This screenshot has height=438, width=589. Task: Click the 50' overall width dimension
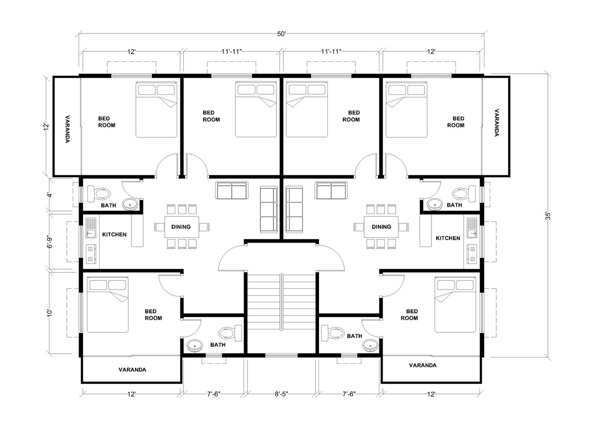(281, 34)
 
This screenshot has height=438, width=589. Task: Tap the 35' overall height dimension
(548, 216)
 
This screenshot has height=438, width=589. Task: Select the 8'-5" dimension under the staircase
(281, 394)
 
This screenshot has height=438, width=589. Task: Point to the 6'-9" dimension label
(50, 241)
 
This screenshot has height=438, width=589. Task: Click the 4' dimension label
(50, 195)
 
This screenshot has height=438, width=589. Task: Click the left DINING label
(181, 227)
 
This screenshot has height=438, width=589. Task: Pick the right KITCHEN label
(448, 238)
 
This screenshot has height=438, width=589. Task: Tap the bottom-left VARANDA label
(132, 370)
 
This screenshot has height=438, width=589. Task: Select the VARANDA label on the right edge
(497, 123)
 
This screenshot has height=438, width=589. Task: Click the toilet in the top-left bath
(99, 193)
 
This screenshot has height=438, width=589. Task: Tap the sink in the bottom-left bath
(195, 346)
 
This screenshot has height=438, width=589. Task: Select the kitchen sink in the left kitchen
(90, 228)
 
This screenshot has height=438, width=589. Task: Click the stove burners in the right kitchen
(472, 253)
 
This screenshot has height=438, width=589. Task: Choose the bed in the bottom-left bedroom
(108, 305)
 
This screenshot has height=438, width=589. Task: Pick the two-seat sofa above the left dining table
(232, 191)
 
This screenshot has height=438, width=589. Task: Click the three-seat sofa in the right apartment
(294, 210)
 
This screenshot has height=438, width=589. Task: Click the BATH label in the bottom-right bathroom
(354, 336)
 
